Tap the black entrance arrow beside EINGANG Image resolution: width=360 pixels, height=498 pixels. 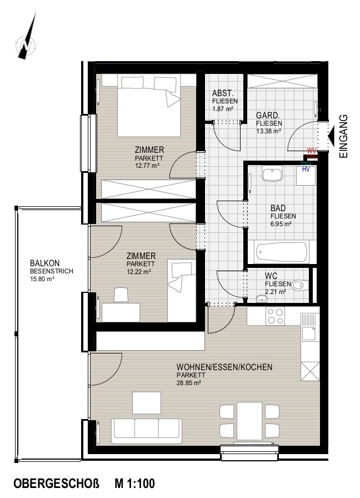point(331,137)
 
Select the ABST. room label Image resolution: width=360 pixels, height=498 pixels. point(223,93)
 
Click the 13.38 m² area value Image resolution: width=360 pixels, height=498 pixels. point(268,131)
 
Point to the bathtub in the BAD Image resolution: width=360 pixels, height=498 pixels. point(282,252)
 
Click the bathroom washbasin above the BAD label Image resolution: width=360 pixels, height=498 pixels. point(272,175)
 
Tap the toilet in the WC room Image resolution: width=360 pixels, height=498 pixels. point(299,285)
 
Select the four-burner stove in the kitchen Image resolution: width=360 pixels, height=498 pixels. point(275,316)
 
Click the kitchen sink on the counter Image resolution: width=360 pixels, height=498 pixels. point(309,327)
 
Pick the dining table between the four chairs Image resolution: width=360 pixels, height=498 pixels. point(249,421)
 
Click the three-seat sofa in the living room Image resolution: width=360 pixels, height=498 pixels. point(146,431)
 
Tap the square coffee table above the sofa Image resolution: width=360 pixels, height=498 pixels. point(147,403)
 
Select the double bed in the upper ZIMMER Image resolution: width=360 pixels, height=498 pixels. point(149,106)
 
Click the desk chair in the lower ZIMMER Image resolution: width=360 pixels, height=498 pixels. point(121,295)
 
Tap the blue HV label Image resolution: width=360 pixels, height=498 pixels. point(306,170)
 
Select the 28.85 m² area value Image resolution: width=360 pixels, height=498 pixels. point(188,383)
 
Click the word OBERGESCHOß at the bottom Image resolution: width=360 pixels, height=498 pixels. point(57,484)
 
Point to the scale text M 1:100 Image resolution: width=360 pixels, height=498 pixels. point(134,484)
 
